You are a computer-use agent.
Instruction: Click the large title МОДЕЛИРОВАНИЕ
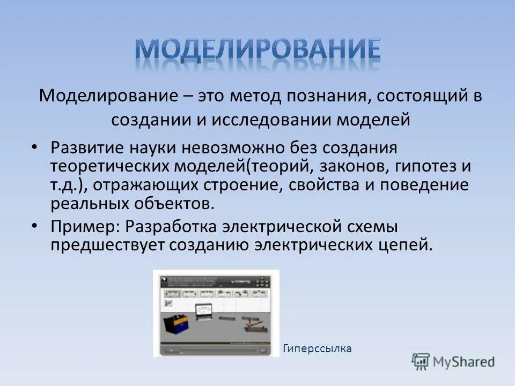(257, 50)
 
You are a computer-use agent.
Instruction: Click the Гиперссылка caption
(317, 348)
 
